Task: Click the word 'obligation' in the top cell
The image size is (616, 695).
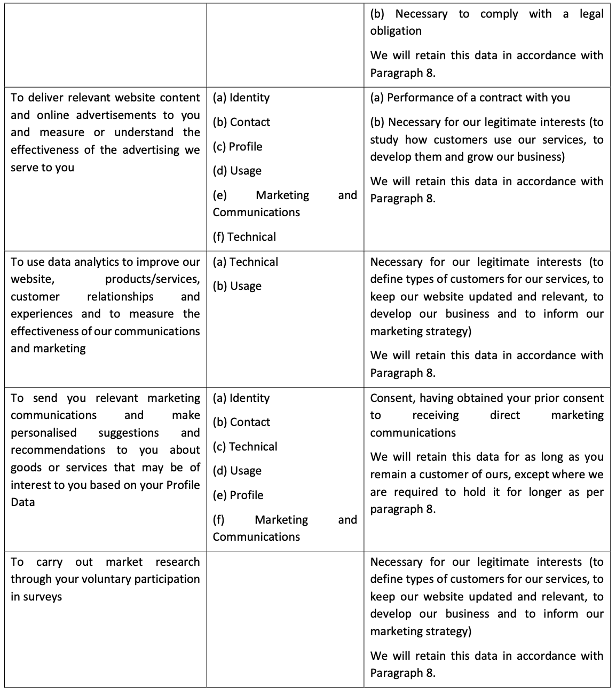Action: [x=396, y=31]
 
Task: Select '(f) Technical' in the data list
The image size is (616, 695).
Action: [x=244, y=237]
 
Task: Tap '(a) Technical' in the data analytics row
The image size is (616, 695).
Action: [x=246, y=262]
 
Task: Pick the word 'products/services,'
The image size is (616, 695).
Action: [x=152, y=279]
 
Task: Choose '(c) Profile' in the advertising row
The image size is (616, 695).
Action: [x=238, y=147]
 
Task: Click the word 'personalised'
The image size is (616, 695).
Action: [x=44, y=433]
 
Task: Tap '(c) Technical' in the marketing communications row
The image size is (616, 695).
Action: [x=245, y=447]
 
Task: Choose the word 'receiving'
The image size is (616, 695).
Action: [x=435, y=415]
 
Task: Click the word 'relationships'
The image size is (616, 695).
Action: [x=120, y=297]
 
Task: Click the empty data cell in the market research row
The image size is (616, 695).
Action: [x=285, y=619]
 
